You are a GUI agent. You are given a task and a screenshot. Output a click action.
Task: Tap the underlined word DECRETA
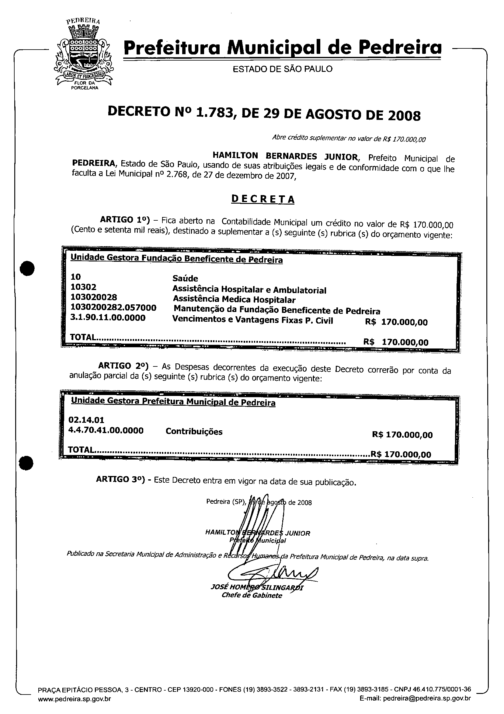coord(263,199)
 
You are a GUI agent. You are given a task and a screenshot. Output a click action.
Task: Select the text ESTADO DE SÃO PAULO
coord(283,69)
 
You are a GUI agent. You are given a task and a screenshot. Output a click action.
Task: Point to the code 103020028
coord(94,297)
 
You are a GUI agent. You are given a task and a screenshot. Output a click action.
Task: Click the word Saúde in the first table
coord(185,278)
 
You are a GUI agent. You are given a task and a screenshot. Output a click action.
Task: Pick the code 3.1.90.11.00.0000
coord(108,318)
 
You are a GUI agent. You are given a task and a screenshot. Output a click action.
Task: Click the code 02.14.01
coord(86,420)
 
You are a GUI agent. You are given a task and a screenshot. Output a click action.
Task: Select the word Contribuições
coord(194,432)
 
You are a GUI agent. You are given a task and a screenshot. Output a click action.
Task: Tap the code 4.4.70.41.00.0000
coord(106,430)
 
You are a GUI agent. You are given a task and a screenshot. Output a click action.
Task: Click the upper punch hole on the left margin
coord(27,268)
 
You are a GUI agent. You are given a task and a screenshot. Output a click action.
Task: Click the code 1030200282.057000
coord(113,308)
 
